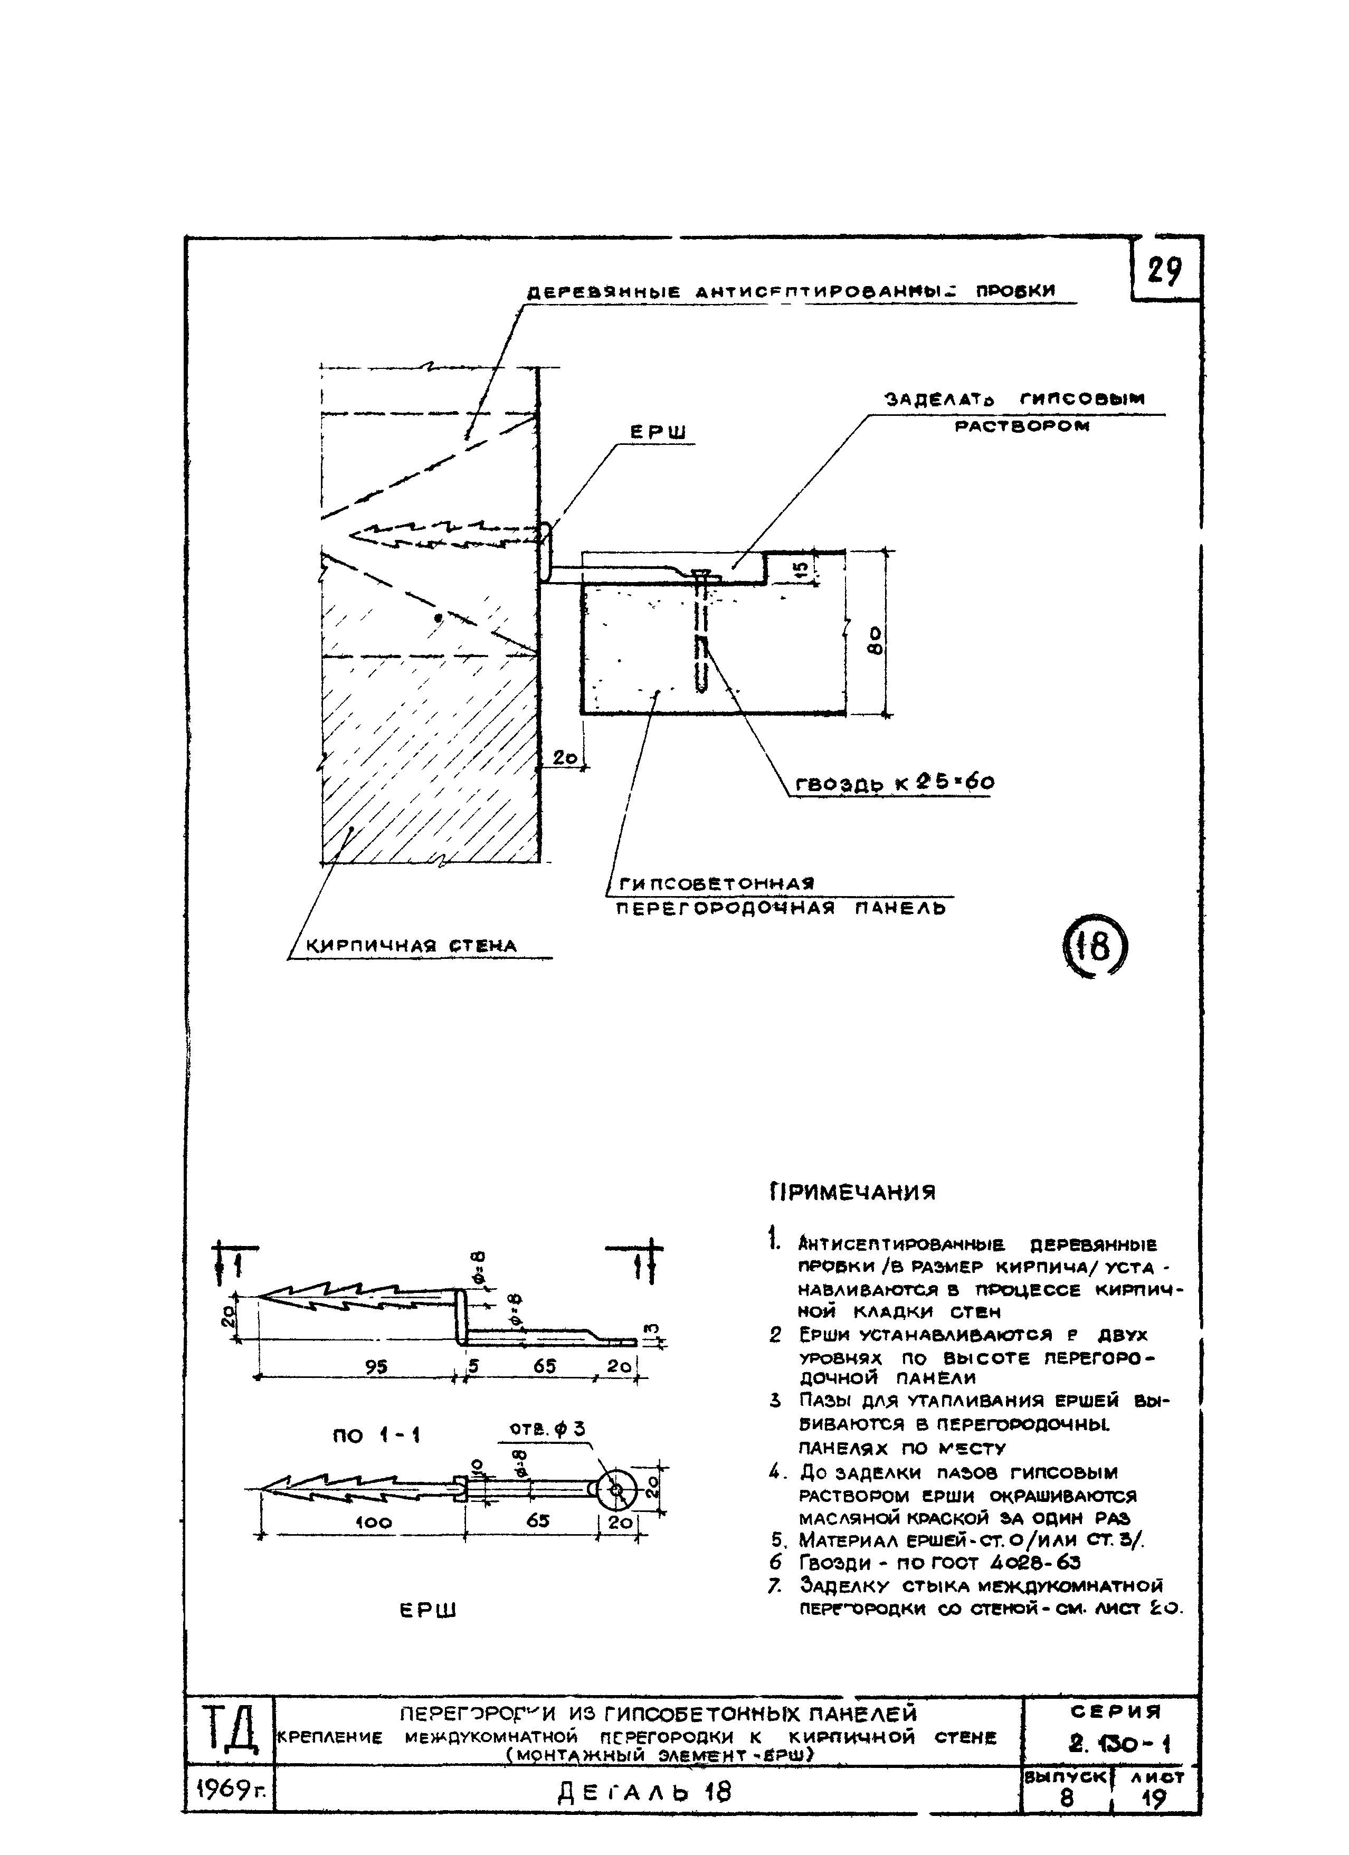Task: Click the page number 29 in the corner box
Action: click(x=1164, y=270)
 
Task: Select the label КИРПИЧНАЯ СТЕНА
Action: click(x=412, y=946)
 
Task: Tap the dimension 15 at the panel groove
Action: click(x=801, y=567)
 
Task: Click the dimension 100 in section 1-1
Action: click(x=374, y=1522)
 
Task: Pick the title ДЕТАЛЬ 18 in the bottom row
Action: click(x=644, y=1793)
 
